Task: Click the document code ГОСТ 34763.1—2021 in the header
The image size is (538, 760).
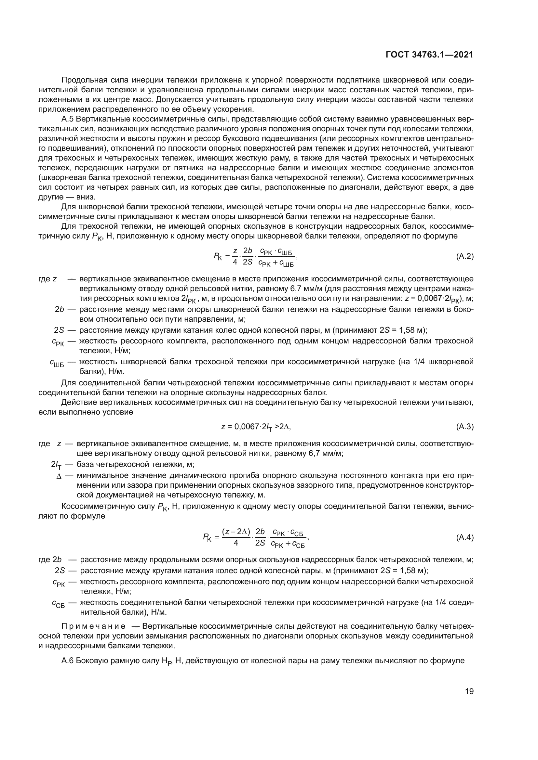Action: tap(429, 55)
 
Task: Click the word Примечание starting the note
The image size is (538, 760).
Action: tap(93, 626)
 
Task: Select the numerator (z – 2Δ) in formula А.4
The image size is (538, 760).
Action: tap(236, 532)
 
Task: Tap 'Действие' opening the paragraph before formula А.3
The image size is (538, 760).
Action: tap(76, 403)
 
